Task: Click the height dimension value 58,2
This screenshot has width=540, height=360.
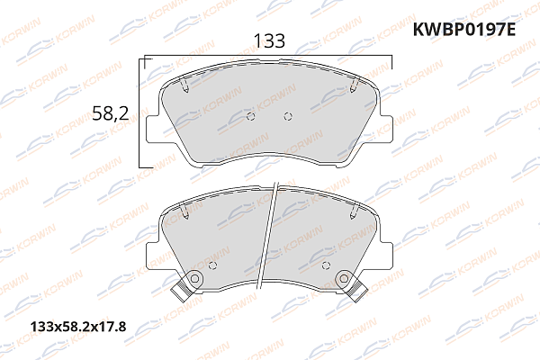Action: pos(112,112)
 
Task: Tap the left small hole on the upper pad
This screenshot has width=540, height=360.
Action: pos(251,116)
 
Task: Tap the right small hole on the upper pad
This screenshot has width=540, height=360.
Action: pos(287,116)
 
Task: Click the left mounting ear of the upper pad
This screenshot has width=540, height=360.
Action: pos(154,123)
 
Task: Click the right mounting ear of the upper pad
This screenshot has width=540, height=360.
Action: pos(384,123)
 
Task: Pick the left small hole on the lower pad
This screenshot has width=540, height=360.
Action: pos(212,265)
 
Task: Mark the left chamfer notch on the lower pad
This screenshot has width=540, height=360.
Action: pos(184,214)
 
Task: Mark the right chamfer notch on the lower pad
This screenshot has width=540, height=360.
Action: pos(355,214)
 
